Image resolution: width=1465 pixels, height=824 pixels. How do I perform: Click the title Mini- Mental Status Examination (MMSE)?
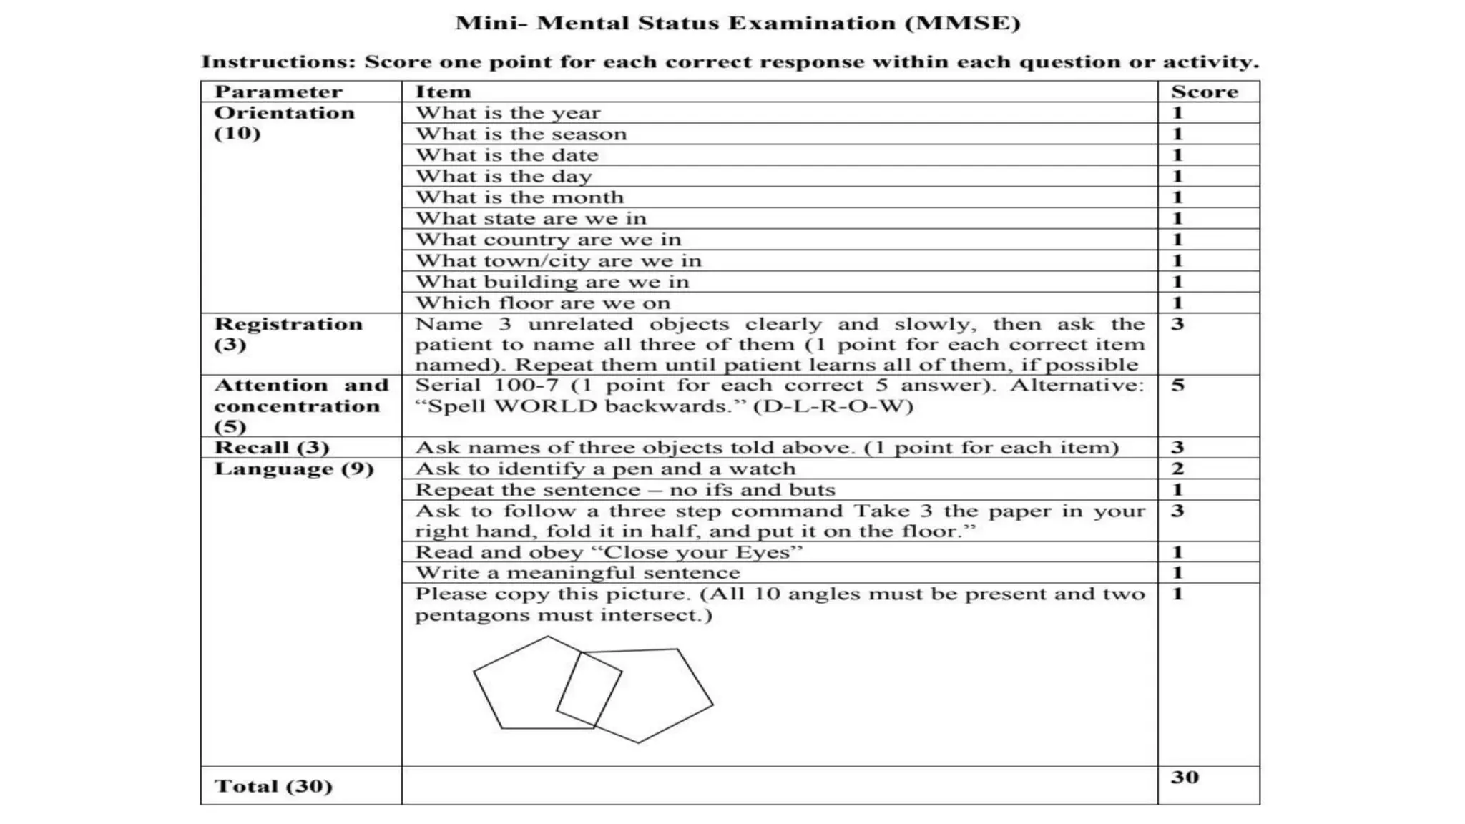point(738,24)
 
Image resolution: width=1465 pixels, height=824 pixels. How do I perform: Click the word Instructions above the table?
point(278,62)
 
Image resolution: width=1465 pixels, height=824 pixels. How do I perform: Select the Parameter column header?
point(278,92)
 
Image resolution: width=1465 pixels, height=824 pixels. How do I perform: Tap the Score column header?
point(1204,92)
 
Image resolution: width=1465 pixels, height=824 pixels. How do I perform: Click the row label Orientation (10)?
point(283,123)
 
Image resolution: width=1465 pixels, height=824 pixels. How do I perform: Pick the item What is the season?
point(521,134)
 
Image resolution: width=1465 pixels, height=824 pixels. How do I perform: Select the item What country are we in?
point(548,240)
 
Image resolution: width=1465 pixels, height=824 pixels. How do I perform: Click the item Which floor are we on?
point(542,303)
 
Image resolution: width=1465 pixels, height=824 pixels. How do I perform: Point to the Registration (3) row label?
point(288,334)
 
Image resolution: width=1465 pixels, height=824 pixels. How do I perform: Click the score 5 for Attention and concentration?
point(1177,386)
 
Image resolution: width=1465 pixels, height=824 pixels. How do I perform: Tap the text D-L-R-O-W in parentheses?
point(833,406)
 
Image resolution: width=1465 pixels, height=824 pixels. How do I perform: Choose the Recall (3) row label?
point(272,448)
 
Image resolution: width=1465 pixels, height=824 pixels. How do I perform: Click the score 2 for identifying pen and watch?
point(1177,469)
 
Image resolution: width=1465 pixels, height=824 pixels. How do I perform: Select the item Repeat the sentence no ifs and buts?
point(624,490)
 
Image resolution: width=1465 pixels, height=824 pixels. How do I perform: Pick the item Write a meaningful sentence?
point(577,573)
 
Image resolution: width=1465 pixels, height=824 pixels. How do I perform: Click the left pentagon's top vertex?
point(548,637)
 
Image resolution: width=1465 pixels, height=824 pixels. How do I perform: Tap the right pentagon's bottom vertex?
point(639,742)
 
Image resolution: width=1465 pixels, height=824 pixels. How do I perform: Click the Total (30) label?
point(273,786)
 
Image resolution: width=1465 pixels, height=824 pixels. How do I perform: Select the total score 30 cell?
point(1185,778)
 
